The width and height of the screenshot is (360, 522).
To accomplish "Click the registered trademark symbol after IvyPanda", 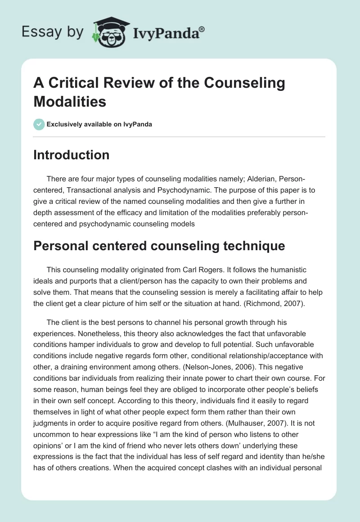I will click(202, 28).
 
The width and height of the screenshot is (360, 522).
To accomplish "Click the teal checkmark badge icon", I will click(40, 124).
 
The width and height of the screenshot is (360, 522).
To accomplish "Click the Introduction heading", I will click(72, 155).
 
